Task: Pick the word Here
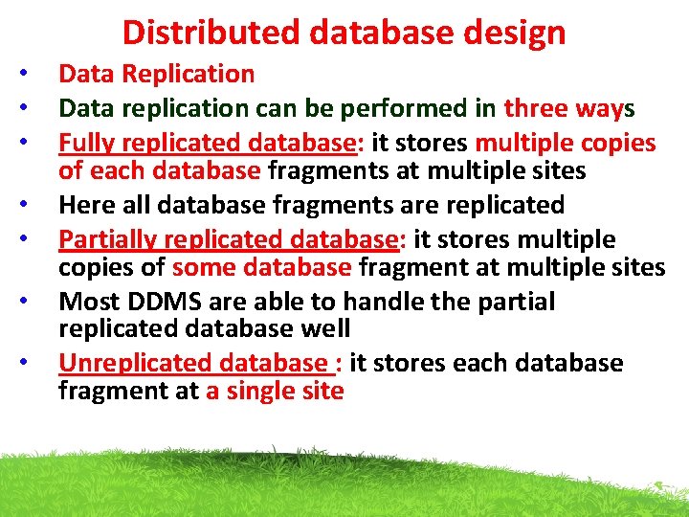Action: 86,205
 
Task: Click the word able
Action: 282,302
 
